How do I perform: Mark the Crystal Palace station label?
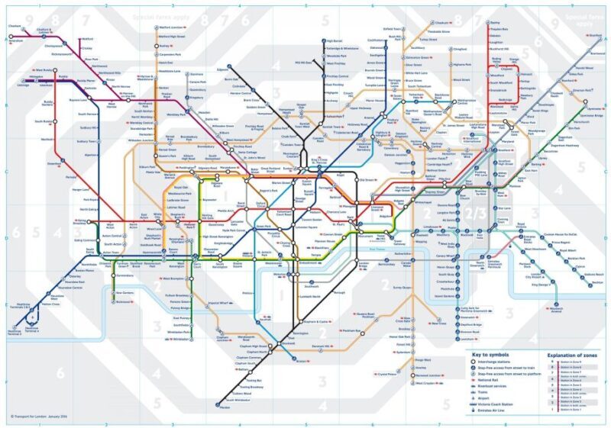[x=386, y=375]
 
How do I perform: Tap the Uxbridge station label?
[x=21, y=85]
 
